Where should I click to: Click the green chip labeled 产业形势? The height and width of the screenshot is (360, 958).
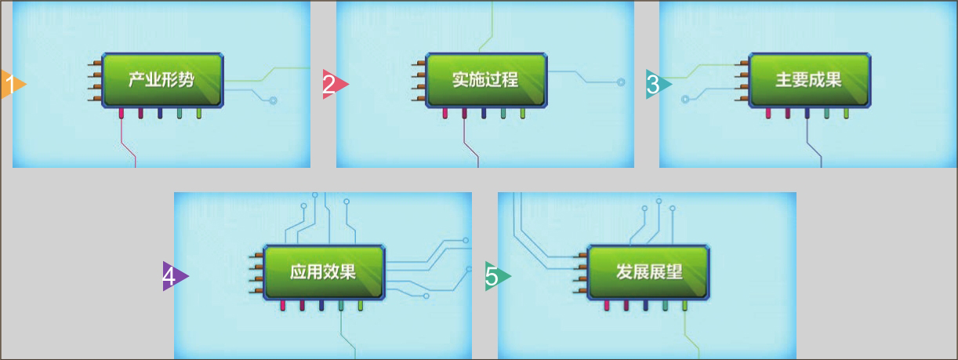point(162,80)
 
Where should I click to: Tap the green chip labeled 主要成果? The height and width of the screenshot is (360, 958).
point(809,80)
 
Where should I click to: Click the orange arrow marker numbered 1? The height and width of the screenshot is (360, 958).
point(13,83)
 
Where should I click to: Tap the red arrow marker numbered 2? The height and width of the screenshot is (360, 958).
point(333,83)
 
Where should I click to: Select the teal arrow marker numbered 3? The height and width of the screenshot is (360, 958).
point(657,83)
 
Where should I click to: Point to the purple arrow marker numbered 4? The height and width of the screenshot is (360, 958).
point(173,276)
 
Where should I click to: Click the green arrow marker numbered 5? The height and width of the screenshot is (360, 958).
point(496,276)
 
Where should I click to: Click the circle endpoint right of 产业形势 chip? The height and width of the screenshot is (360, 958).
point(273,100)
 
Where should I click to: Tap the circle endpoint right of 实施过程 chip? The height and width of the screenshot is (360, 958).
point(621,81)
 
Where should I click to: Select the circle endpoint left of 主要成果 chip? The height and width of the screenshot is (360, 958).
point(685,100)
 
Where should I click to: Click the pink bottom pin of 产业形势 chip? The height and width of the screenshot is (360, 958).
point(122,114)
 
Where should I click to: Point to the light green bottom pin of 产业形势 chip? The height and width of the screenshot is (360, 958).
point(199,114)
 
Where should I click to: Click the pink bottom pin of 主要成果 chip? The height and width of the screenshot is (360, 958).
point(768,114)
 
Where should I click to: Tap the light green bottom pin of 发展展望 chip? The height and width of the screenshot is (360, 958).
point(684,306)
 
